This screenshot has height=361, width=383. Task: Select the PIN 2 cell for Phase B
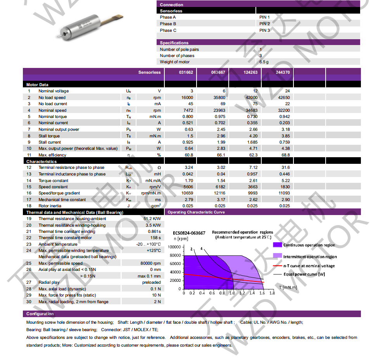tap(264, 24)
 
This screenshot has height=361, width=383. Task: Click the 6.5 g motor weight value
tap(264, 62)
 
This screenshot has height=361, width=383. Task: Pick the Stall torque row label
tap(49, 136)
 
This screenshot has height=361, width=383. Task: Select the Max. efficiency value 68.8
tap(285, 155)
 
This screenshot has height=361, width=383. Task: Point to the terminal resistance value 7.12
tap(252, 167)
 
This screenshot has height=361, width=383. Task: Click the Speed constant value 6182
tap(219, 187)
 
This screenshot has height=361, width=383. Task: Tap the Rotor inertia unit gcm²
tap(155, 206)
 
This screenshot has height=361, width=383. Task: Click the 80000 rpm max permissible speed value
tap(150, 263)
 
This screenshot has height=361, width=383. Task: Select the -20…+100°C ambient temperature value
tap(148, 244)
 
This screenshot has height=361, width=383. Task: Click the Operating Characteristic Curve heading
tap(196, 212)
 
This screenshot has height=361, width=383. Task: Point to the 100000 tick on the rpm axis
tap(174, 247)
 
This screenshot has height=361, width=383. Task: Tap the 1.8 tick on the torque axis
tap(272, 293)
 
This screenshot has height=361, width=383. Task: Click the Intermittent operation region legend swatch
tap(277, 255)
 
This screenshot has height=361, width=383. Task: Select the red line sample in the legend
tap(277, 266)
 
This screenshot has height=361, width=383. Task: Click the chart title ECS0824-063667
tap(189, 233)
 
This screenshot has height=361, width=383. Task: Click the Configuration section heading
tap(40, 314)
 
